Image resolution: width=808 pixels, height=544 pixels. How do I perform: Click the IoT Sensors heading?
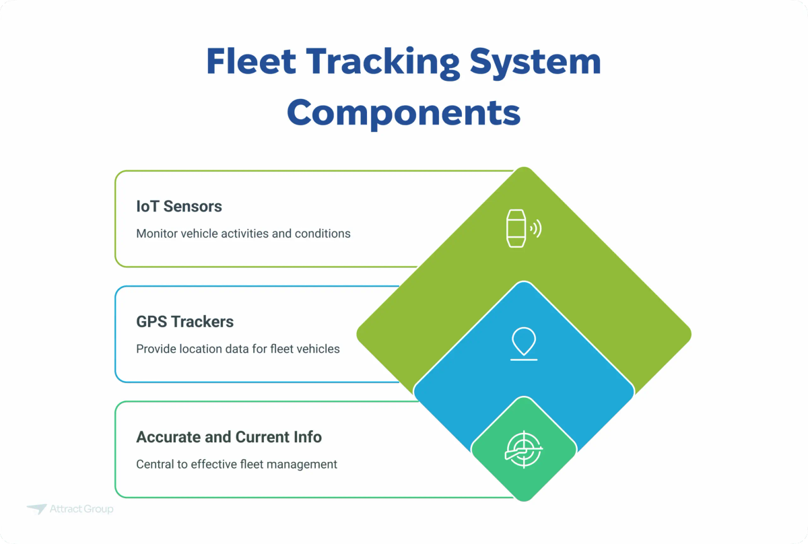click(179, 206)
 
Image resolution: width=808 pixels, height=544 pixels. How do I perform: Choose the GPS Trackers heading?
click(184, 321)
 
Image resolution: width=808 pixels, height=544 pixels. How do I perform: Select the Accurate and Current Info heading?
click(229, 437)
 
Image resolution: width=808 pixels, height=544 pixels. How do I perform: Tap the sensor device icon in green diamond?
click(516, 228)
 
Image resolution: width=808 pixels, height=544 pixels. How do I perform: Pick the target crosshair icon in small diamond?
click(523, 448)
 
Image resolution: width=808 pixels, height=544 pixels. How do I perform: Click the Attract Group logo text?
click(81, 509)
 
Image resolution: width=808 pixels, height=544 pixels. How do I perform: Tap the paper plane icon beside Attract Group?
click(36, 509)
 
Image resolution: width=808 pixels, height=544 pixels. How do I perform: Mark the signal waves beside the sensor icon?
click(536, 229)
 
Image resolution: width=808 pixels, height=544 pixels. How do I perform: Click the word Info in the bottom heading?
click(306, 437)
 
